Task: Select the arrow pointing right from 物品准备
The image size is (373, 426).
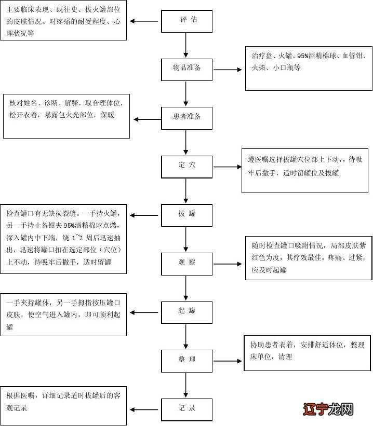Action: coord(228,69)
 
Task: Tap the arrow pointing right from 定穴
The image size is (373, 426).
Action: coord(228,167)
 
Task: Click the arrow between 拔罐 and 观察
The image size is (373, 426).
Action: coord(186,239)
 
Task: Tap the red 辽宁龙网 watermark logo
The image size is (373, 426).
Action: coord(326,409)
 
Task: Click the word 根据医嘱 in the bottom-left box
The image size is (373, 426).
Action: coord(21,396)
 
